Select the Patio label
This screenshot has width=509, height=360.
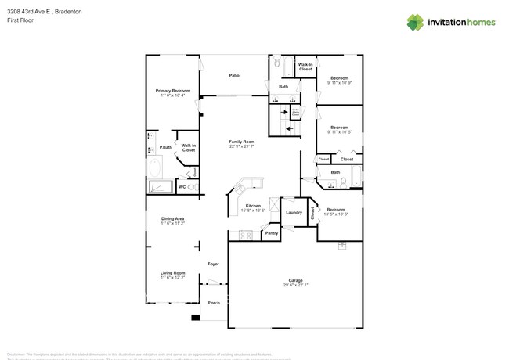pyautogui.click(x=234, y=75)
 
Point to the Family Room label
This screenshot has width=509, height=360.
pyautogui.click(x=241, y=142)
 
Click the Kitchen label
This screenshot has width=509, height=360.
pyautogui.click(x=253, y=205)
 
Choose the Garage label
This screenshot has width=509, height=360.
pyautogui.click(x=295, y=279)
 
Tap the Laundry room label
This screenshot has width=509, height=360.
pyautogui.click(x=294, y=212)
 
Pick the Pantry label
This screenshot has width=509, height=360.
pyautogui.click(x=272, y=232)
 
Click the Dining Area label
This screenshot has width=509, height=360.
pyautogui.click(x=172, y=218)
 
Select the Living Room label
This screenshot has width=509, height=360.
pyautogui.click(x=172, y=273)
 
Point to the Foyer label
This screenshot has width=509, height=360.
pyautogui.click(x=213, y=264)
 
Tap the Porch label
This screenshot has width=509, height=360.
pyautogui.click(x=214, y=303)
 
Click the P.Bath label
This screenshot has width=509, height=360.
pyautogui.click(x=166, y=148)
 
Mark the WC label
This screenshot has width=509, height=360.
pyautogui.click(x=182, y=187)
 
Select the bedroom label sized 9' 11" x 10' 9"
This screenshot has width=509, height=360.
pyautogui.click(x=339, y=78)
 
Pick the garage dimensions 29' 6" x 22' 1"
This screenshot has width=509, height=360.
pyautogui.click(x=295, y=285)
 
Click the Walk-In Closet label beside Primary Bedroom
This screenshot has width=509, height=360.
pyautogui.click(x=189, y=147)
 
